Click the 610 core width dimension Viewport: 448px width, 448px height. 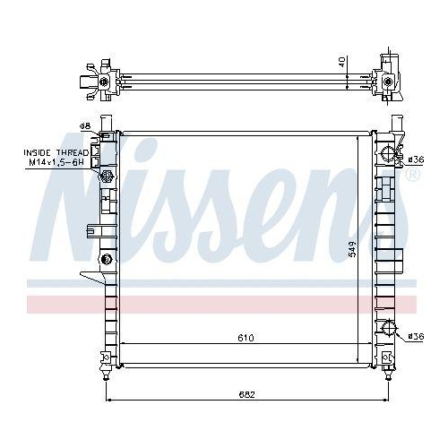click(x=246, y=338)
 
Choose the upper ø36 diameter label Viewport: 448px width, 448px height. click(x=415, y=159)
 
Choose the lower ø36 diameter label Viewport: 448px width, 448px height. click(x=415, y=336)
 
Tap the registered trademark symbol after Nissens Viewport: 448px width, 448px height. click(x=411, y=177)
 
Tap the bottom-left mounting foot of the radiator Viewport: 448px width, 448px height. click(x=107, y=361)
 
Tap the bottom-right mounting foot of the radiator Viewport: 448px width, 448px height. click(x=390, y=361)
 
